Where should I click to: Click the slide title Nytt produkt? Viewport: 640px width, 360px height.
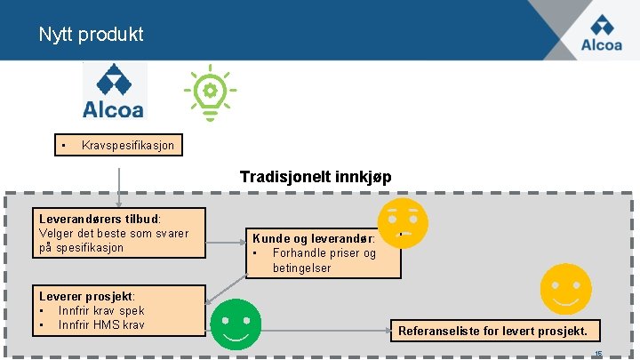pyautogui.click(x=91, y=35)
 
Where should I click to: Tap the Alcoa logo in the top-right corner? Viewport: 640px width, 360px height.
pyautogui.click(x=601, y=32)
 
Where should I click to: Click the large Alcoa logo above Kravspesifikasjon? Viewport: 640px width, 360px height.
pyautogui.click(x=114, y=91)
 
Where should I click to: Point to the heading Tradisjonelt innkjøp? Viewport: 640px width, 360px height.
pyautogui.click(x=316, y=177)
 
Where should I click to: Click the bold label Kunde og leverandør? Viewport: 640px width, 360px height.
pyautogui.click(x=313, y=238)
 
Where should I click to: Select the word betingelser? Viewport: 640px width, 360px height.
pyautogui.click(x=301, y=268)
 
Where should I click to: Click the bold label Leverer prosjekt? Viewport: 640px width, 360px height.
pyautogui.click(x=86, y=296)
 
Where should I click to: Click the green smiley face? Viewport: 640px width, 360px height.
pyautogui.click(x=236, y=324)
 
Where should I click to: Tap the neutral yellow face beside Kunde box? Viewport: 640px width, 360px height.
pyautogui.click(x=402, y=222)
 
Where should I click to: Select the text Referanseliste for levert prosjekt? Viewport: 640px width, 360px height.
pyautogui.click(x=492, y=332)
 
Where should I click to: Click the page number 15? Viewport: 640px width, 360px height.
pyautogui.click(x=598, y=354)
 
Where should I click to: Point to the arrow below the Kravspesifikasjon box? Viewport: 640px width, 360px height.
pyautogui.click(x=118, y=182)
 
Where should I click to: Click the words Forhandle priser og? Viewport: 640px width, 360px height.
pyautogui.click(x=324, y=253)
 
